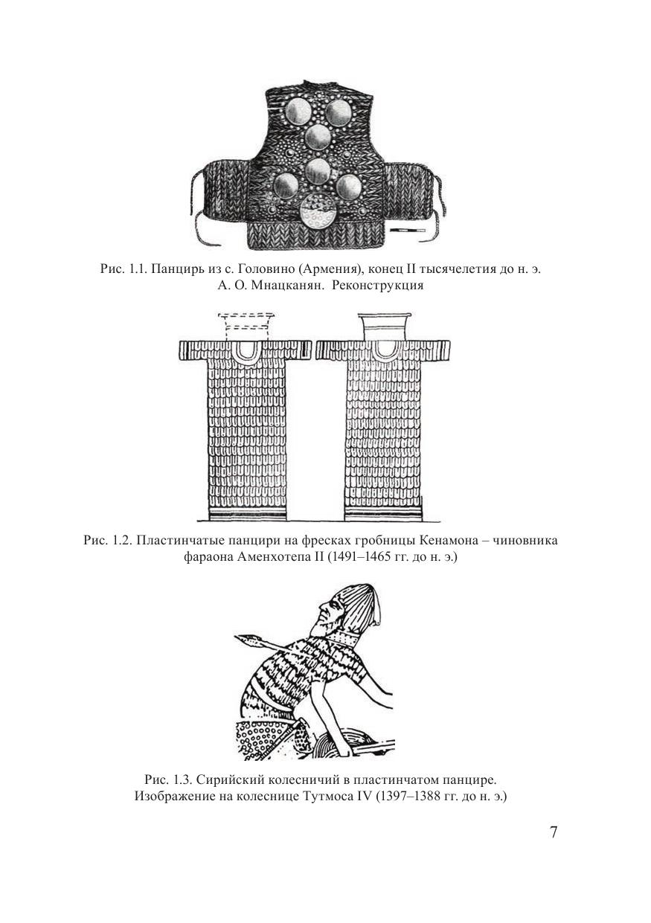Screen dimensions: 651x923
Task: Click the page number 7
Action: [x=554, y=832]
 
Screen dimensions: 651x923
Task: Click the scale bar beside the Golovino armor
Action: [x=406, y=230]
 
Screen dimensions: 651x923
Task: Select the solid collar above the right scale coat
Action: [x=383, y=327]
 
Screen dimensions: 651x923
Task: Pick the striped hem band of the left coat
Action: [x=246, y=515]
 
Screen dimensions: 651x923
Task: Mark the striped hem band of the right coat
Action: [x=383, y=515]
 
